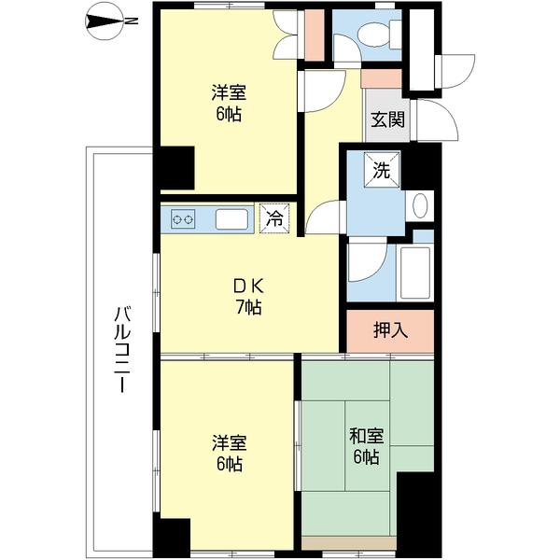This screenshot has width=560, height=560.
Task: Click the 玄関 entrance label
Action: tap(387, 119)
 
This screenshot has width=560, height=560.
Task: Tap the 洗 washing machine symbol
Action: tap(382, 170)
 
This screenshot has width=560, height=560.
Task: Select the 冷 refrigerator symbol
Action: tap(274, 218)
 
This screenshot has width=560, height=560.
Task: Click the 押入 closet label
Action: tap(390, 330)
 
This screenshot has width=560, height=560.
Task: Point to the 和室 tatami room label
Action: tap(367, 436)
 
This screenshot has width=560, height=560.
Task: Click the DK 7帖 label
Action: tap(248, 297)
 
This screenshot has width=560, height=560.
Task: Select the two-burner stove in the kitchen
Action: tap(183, 219)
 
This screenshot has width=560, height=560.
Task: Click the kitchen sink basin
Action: tap(231, 219)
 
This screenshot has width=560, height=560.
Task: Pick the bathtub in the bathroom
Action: tap(415, 273)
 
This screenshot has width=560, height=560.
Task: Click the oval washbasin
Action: tap(420, 205)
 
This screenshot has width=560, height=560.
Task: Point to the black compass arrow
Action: tap(105, 21)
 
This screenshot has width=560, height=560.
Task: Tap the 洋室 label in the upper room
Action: tap(229, 92)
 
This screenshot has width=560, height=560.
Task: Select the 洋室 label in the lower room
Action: tap(230, 442)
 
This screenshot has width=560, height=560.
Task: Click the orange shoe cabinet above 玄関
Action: tap(382, 78)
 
